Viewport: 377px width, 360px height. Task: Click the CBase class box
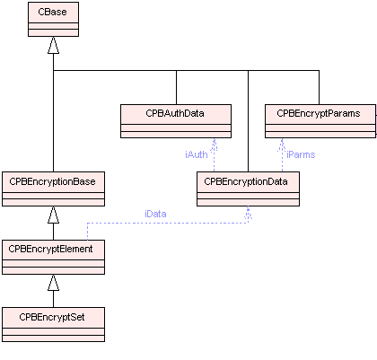tap(53, 20)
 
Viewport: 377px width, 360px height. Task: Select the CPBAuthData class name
tap(175, 113)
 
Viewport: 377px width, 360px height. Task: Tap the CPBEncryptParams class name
tap(319, 113)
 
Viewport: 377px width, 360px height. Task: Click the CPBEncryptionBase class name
tap(52, 181)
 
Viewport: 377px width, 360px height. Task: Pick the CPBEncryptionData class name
tap(246, 181)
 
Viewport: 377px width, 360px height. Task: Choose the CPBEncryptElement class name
tap(50, 249)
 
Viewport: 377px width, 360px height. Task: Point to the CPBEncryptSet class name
tap(52, 317)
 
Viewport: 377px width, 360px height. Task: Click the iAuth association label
tap(197, 154)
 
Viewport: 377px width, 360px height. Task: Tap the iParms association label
tap(301, 154)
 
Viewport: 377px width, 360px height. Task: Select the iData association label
tap(155, 214)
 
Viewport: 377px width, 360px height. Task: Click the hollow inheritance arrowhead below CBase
tap(53, 45)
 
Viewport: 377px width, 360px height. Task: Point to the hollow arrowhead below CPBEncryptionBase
tap(53, 215)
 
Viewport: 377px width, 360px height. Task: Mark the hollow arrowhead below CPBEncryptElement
tap(53, 282)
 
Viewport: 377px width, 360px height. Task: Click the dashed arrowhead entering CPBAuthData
tap(214, 144)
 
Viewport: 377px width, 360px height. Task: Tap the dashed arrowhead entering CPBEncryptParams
tap(282, 144)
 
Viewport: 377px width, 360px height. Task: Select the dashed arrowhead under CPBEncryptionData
tap(248, 212)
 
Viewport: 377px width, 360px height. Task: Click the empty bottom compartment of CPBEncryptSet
tap(53, 338)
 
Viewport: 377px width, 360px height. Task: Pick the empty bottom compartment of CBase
tap(53, 32)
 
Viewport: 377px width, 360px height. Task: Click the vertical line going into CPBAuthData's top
tap(176, 87)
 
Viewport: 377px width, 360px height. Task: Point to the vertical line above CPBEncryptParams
tap(319, 87)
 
